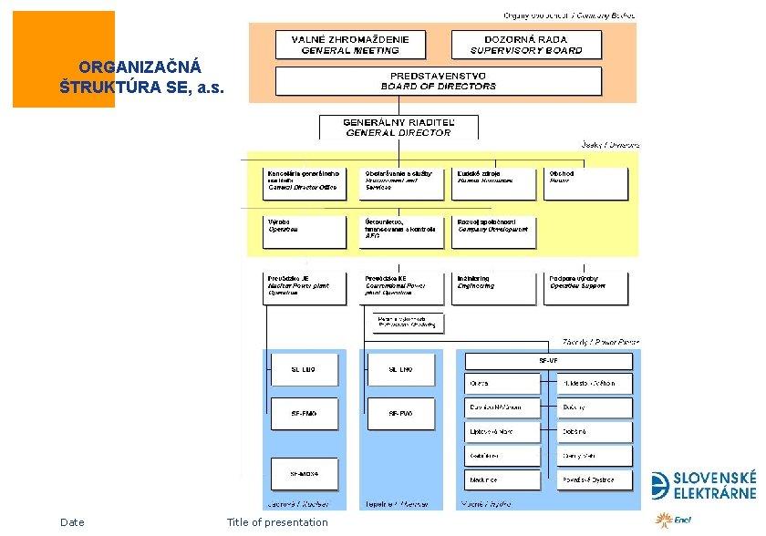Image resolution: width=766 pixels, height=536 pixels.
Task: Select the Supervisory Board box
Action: tap(526, 45)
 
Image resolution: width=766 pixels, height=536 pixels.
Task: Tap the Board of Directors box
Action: tap(439, 81)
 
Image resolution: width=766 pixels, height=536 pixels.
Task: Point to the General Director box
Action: tap(398, 127)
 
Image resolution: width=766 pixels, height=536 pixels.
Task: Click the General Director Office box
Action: tap(305, 182)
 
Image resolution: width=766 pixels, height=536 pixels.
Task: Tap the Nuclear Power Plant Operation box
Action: tap(305, 288)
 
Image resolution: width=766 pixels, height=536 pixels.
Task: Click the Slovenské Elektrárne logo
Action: tap(703, 486)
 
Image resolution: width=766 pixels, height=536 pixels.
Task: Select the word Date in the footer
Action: tap(72, 522)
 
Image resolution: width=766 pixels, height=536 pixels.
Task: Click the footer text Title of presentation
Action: tap(277, 522)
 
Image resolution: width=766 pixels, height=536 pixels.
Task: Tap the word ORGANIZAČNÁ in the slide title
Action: tap(128, 67)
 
